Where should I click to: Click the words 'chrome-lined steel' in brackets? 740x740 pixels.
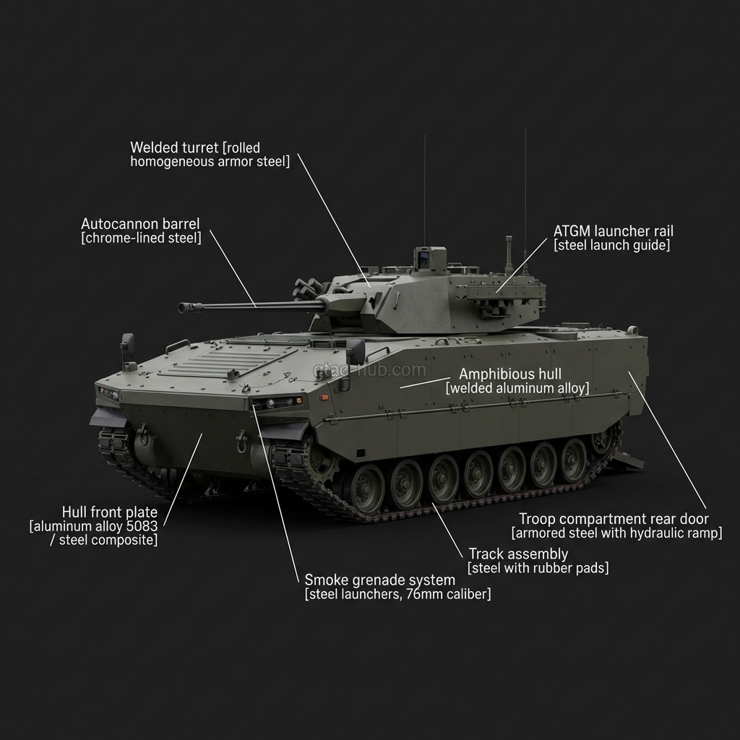point(141,238)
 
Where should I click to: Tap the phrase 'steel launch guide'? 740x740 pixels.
point(611,246)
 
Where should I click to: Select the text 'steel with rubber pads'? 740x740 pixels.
point(538,568)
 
